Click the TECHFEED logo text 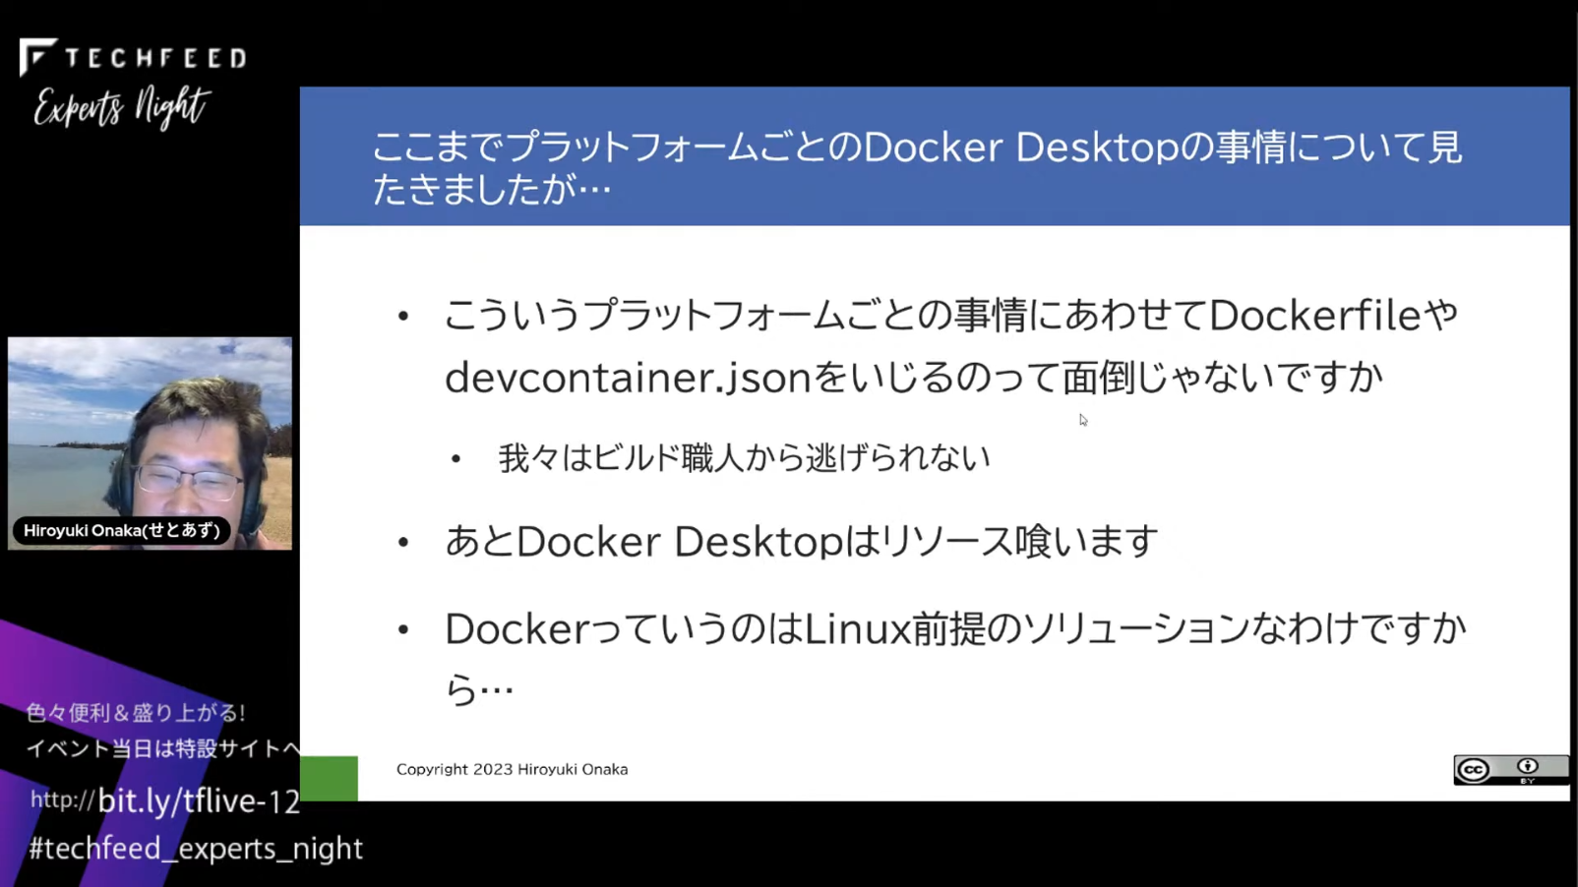[x=155, y=58]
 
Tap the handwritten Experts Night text [x=122, y=107]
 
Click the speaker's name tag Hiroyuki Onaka [x=121, y=530]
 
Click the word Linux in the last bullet [x=857, y=628]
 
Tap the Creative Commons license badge [x=1510, y=769]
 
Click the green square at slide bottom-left [x=329, y=778]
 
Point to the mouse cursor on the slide [x=1083, y=420]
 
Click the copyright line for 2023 [x=513, y=769]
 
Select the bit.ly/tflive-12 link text [x=199, y=801]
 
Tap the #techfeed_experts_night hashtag [x=196, y=849]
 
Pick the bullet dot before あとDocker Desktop [x=403, y=542]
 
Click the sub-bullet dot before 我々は [x=455, y=459]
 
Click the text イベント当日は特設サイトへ [x=163, y=748]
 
